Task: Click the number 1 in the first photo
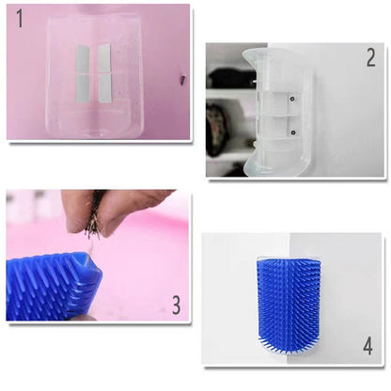21,20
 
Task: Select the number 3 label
175,304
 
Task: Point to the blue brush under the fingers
52,286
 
